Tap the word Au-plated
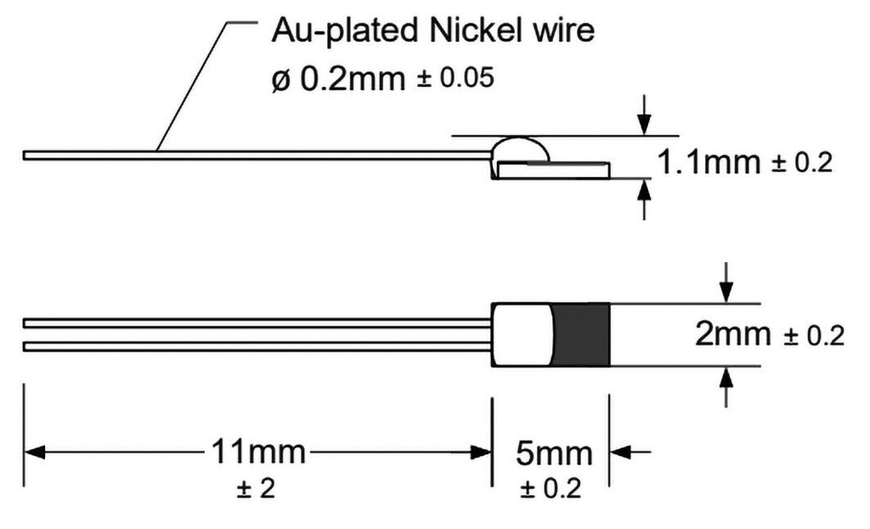click(344, 31)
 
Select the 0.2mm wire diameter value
click(353, 79)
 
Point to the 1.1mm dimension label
click(709, 162)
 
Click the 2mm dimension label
click(733, 334)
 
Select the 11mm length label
click(258, 452)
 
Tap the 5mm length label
click(554, 453)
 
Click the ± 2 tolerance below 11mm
click(256, 489)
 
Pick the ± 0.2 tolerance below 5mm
click(551, 489)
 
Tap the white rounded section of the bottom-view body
click(523, 335)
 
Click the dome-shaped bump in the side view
click(520, 149)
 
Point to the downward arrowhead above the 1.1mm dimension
click(644, 124)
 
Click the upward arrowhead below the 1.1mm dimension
click(644, 190)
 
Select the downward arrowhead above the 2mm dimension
click(726, 293)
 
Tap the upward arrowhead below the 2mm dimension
click(726, 378)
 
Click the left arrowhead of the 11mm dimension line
click(34, 452)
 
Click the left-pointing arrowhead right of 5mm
click(621, 452)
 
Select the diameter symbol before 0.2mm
click(280, 80)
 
